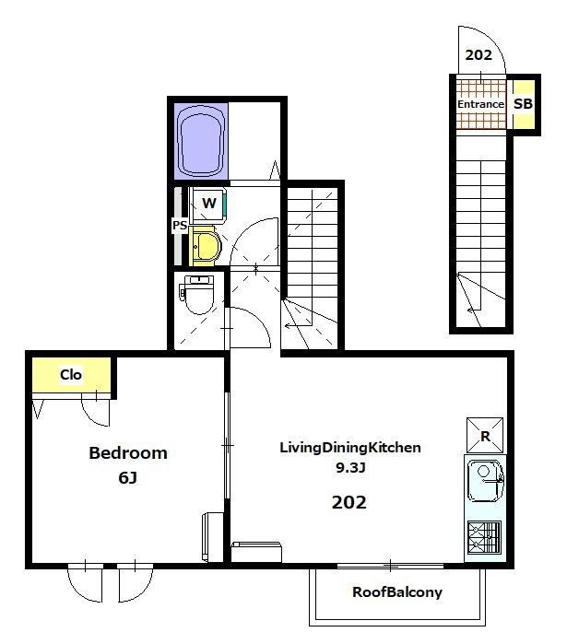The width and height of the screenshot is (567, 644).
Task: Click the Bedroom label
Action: (x=128, y=453)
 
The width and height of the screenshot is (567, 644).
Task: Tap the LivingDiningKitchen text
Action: (x=350, y=448)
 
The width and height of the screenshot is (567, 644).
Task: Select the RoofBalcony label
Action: (x=397, y=592)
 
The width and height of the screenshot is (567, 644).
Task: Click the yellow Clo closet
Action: (x=72, y=375)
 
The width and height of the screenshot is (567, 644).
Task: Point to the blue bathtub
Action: (x=201, y=141)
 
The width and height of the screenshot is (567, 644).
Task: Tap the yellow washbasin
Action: (x=205, y=247)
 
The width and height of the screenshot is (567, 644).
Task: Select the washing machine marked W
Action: (x=208, y=205)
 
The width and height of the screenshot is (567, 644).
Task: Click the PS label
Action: (x=180, y=225)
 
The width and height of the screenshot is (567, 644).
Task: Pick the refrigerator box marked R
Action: (x=485, y=436)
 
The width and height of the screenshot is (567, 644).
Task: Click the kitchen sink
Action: (x=485, y=481)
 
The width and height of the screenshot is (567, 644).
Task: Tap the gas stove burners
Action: (x=485, y=538)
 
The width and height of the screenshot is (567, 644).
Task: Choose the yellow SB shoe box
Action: (x=523, y=104)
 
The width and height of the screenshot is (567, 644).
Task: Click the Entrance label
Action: (x=480, y=104)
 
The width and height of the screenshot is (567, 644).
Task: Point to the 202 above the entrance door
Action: (x=478, y=55)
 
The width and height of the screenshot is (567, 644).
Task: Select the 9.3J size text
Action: (x=350, y=467)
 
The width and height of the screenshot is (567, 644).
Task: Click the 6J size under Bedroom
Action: (x=128, y=477)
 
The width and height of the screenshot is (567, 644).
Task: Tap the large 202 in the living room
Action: (x=348, y=502)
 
